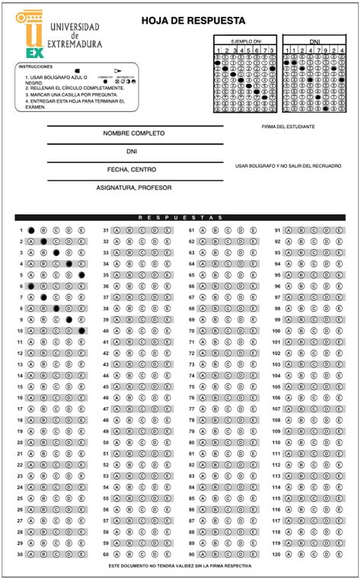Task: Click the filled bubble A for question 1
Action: click(31, 230)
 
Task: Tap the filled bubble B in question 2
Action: click(44, 242)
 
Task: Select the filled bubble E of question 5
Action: click(81, 275)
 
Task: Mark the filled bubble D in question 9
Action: click(69, 320)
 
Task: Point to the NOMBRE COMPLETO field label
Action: click(134, 133)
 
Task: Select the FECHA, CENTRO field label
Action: click(134, 169)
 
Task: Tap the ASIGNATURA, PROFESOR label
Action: click(134, 187)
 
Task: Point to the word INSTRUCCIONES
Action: click(35, 67)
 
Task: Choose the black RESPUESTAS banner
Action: click(180, 218)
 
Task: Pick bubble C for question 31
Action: click(142, 230)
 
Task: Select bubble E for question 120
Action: click(338, 555)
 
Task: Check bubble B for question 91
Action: click(301, 230)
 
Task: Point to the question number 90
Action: click(192, 555)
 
